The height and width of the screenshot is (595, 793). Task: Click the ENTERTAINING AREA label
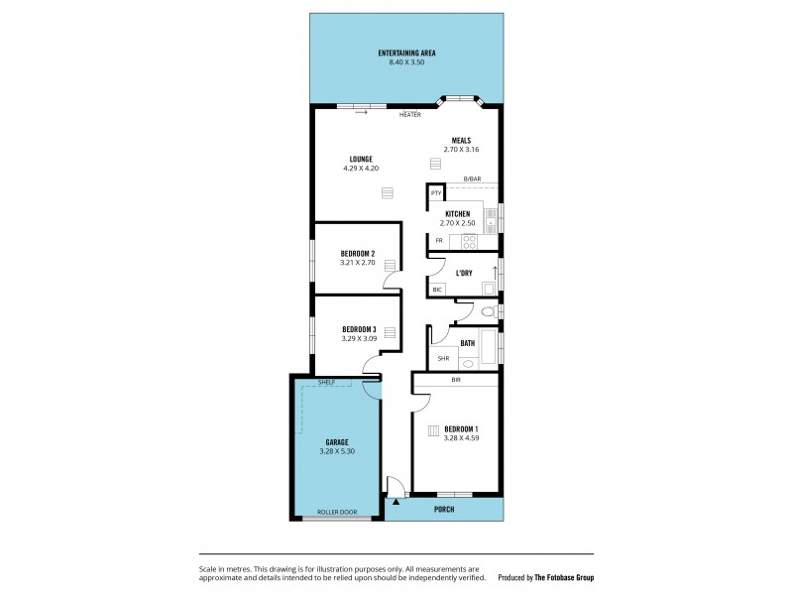click(406, 53)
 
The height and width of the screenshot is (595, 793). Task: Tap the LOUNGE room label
click(360, 159)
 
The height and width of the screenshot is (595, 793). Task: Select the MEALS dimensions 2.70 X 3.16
click(461, 150)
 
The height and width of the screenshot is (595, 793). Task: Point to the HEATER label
click(409, 115)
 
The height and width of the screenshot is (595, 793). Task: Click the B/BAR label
click(471, 178)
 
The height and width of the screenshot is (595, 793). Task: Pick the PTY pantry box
click(435, 193)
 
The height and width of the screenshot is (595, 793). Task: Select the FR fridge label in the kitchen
click(438, 241)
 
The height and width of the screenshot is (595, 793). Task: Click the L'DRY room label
click(463, 273)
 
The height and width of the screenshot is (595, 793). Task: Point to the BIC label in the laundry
click(437, 290)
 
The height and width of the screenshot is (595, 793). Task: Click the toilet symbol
click(486, 313)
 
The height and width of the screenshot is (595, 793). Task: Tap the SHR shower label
click(443, 359)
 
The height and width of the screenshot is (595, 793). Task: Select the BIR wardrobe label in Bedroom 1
click(455, 380)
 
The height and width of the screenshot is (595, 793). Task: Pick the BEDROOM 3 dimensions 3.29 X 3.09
click(359, 338)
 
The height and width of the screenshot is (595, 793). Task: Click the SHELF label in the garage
click(327, 382)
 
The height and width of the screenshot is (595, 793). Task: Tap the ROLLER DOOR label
click(336, 512)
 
